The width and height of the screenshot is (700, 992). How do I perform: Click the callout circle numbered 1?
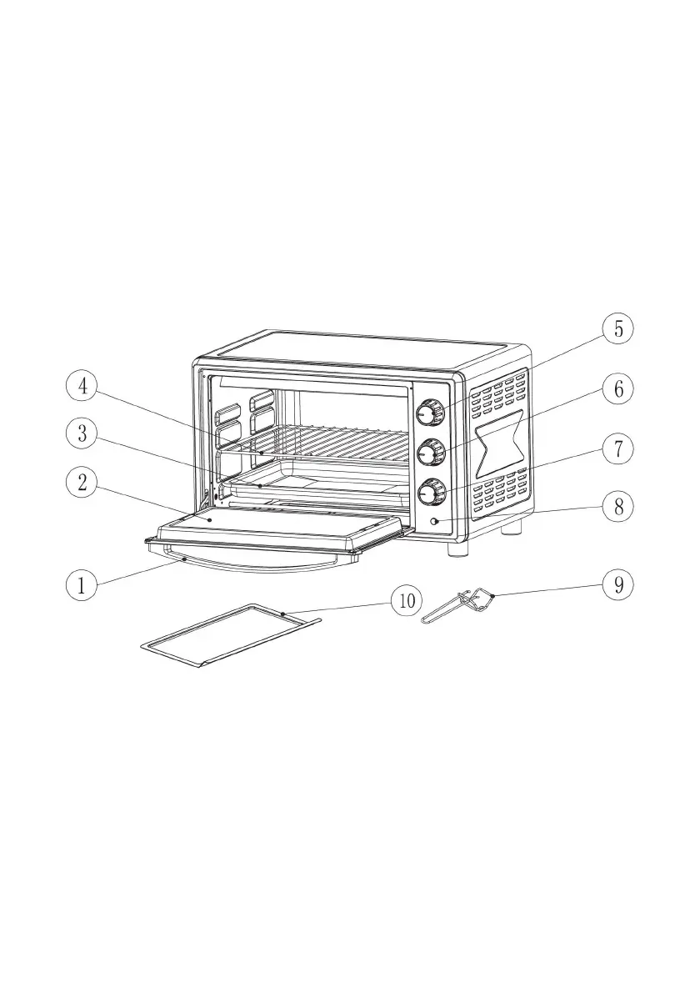point(81,584)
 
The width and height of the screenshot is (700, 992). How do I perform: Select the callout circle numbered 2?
point(81,483)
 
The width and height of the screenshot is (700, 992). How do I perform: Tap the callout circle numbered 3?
point(81,433)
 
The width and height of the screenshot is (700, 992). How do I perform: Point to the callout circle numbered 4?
point(81,386)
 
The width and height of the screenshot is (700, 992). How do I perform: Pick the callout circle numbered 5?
point(618,328)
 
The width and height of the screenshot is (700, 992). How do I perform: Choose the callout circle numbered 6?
point(618,388)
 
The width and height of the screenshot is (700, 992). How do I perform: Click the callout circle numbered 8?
point(618,506)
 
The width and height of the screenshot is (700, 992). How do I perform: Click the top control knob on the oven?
point(430,411)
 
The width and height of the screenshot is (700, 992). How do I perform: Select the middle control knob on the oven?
point(430,452)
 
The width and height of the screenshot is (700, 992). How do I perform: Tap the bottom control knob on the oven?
point(431,493)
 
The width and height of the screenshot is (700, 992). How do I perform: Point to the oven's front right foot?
point(457,549)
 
